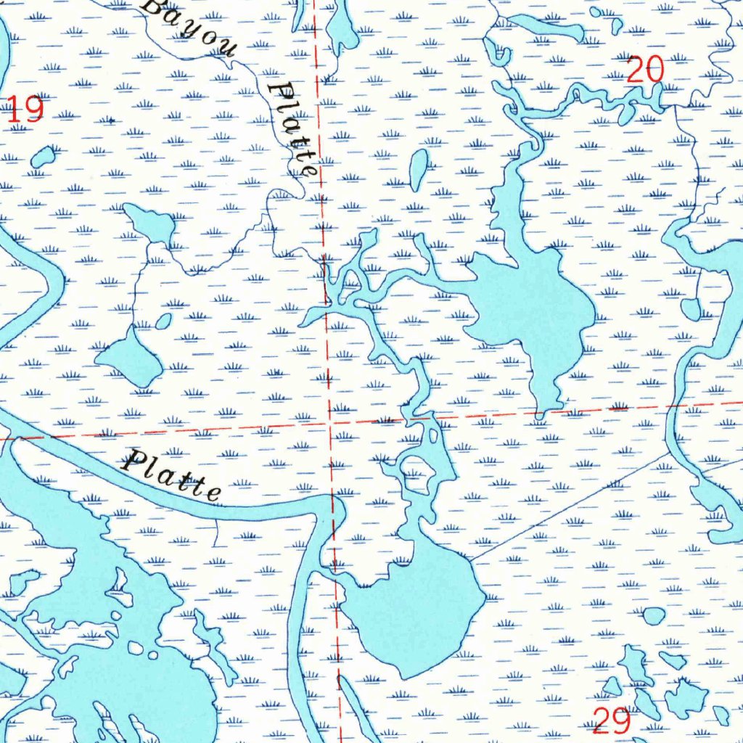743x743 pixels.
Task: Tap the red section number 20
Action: [645, 70]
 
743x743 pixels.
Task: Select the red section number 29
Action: [612, 721]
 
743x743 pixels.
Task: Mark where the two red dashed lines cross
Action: [330, 421]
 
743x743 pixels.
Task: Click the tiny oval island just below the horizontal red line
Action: [434, 435]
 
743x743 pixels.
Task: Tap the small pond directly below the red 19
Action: [43, 156]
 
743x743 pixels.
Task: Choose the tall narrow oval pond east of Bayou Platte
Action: [419, 170]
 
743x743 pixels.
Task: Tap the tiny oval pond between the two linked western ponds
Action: [164, 321]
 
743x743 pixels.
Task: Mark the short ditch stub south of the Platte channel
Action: [218, 533]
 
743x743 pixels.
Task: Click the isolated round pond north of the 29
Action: [654, 616]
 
